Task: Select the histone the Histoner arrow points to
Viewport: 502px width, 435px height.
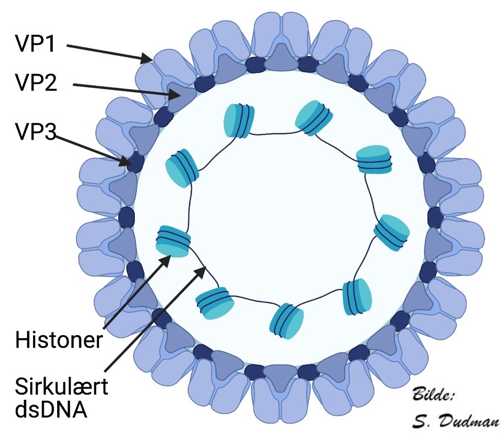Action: (174, 241)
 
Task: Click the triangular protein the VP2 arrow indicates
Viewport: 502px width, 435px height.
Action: (180, 96)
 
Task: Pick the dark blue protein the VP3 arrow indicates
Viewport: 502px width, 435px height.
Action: (134, 163)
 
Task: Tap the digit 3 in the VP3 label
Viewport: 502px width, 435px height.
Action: (51, 133)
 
